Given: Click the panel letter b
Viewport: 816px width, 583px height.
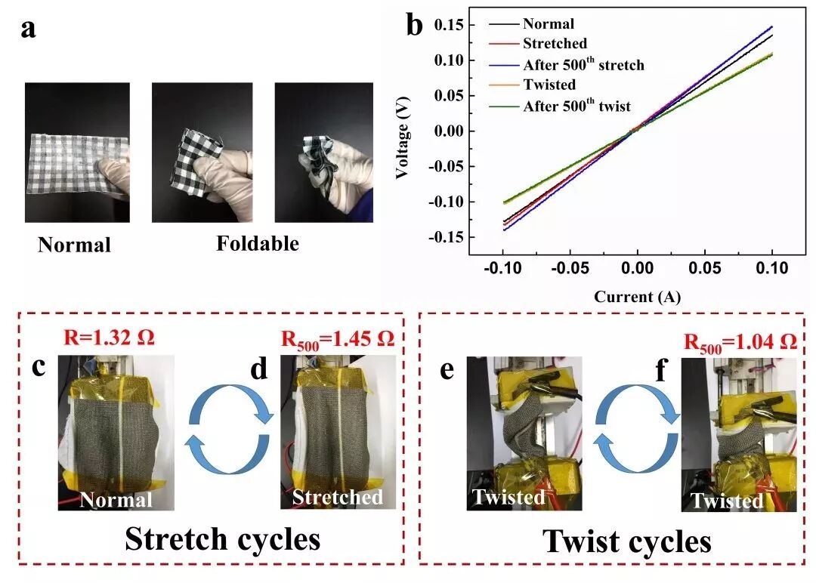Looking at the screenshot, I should coord(416,26).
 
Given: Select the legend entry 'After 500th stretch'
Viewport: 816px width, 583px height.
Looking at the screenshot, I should coord(583,64).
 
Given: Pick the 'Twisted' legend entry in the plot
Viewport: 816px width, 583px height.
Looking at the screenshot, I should coord(549,85).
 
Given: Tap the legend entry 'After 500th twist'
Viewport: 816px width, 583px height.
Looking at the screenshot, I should coord(576,106).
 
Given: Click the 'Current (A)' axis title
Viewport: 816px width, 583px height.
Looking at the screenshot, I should coord(637,297).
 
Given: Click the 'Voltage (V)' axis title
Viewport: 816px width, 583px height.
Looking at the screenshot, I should coord(403,136).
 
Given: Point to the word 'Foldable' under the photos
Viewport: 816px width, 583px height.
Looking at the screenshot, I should coord(257,244).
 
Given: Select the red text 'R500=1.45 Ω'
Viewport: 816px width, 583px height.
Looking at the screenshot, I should coord(337,339).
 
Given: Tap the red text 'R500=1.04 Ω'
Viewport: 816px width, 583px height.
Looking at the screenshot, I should coord(740,341).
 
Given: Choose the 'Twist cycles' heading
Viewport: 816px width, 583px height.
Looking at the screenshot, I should coord(627,541).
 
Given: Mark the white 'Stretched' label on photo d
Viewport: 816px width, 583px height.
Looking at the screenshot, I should coord(338,497).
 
